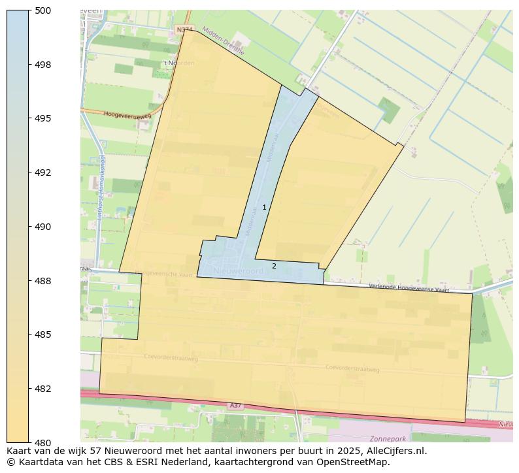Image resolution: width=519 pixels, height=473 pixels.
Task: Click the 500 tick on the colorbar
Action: [42, 10]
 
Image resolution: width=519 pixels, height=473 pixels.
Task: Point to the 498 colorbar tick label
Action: [42, 65]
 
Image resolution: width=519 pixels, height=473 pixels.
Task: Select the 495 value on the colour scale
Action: [42, 118]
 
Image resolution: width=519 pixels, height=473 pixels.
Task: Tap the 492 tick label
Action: [42, 172]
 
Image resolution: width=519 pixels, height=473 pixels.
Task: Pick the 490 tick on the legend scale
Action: [42, 227]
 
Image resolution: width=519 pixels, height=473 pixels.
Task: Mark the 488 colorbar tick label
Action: [42, 281]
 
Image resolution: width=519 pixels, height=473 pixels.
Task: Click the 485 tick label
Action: [42, 334]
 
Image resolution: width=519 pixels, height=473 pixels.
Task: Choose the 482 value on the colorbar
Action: [42, 389]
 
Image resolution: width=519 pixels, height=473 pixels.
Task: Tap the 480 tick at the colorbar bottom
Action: [42, 442]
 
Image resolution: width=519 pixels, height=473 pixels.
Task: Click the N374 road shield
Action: [184, 29]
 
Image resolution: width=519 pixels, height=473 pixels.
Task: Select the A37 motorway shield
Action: [235, 406]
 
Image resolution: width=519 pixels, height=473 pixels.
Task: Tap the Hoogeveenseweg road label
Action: [127, 114]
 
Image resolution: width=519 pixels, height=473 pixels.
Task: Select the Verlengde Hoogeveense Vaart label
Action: [409, 287]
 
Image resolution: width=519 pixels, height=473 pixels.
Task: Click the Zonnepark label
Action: [388, 438]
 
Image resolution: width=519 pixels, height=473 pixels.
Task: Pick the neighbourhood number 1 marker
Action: [264, 207]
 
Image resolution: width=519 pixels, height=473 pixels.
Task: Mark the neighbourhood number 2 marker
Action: [274, 266]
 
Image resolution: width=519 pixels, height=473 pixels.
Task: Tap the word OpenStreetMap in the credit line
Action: [351, 462]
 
